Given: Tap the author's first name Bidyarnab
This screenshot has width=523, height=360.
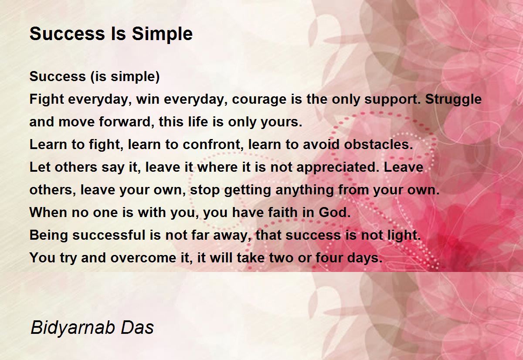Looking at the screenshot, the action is pos(72,328).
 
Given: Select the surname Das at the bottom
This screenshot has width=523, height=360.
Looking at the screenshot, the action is pos(137,327).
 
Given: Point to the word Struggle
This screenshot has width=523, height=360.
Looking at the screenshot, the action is pos(453,99).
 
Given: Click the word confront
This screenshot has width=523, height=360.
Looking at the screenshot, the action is pos(211,145).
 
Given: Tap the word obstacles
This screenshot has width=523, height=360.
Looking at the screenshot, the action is pos(378,145).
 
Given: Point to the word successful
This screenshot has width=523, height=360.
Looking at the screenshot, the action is pos(109,235).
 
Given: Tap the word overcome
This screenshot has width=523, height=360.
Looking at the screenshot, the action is pos(143,258).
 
